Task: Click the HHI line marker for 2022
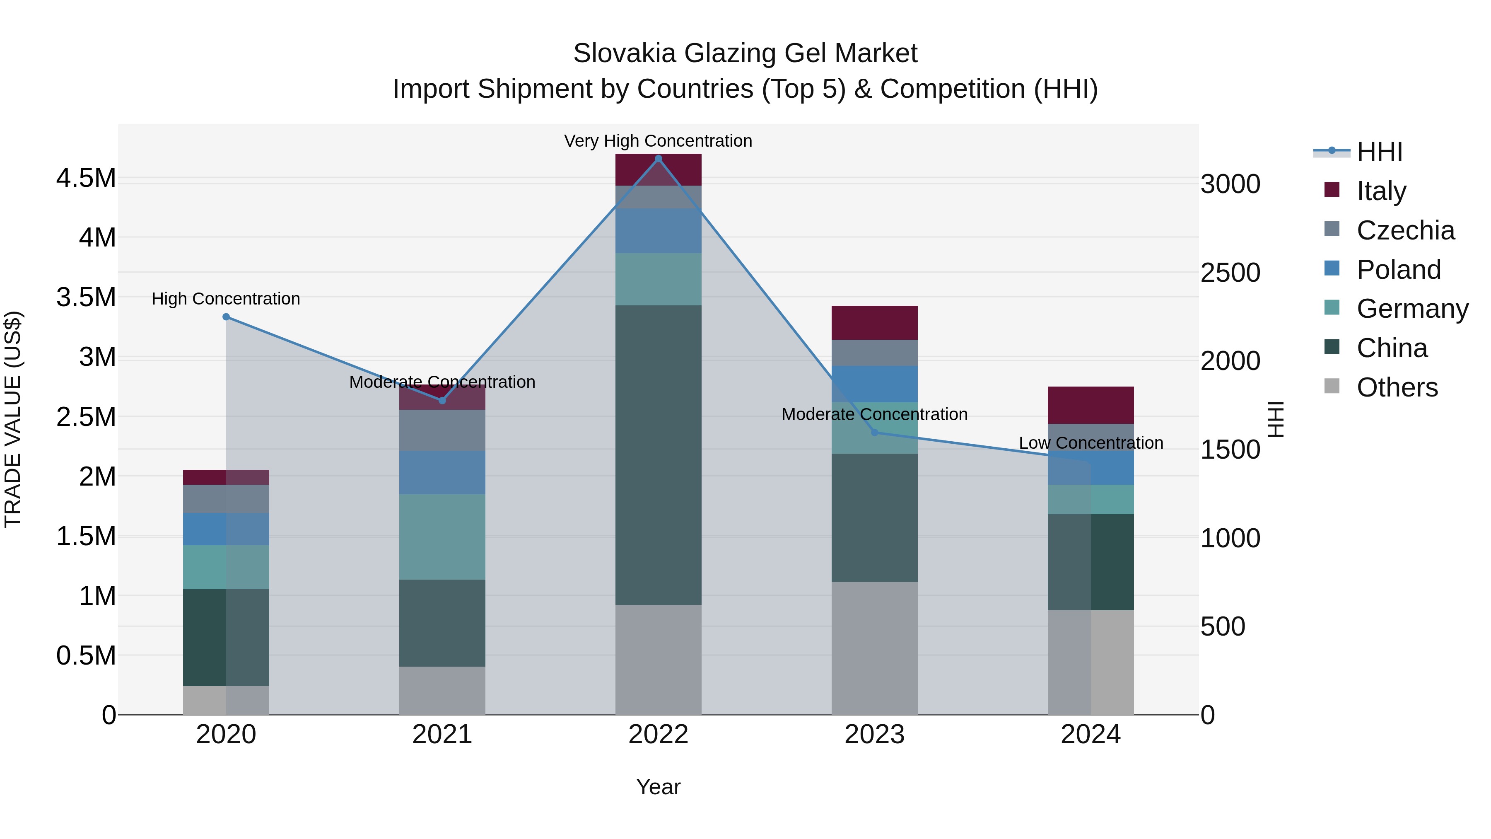(x=658, y=159)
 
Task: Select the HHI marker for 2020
(x=226, y=317)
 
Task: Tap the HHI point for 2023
(x=875, y=433)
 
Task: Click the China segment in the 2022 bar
(x=658, y=455)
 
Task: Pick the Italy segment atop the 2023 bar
(x=875, y=322)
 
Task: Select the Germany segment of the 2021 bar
(x=442, y=536)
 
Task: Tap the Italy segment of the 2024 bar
(x=1091, y=405)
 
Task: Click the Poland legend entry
(x=1398, y=269)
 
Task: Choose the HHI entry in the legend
(x=1379, y=152)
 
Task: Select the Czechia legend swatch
(x=1332, y=229)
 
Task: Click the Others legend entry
(x=1396, y=387)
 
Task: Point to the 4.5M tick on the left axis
(x=86, y=178)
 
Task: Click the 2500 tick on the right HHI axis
(x=1230, y=273)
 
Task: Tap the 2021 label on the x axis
(x=442, y=734)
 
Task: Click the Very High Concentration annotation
(x=658, y=141)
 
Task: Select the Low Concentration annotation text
(x=1091, y=442)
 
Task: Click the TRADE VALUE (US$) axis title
(x=13, y=419)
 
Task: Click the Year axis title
(x=658, y=787)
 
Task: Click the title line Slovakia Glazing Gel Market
(x=745, y=53)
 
